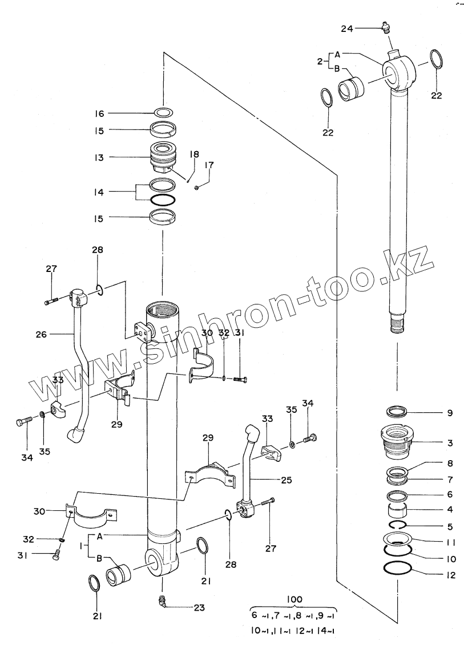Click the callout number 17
pyautogui.click(x=209, y=165)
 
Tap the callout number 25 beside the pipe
pyautogui.click(x=287, y=481)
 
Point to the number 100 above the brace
pyautogui.click(x=295, y=599)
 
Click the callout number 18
pyautogui.click(x=194, y=154)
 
